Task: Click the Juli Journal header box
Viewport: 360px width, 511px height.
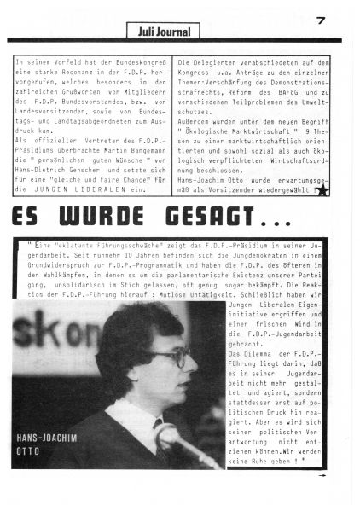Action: coord(163,32)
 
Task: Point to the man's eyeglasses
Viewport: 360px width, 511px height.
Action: coord(168,358)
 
